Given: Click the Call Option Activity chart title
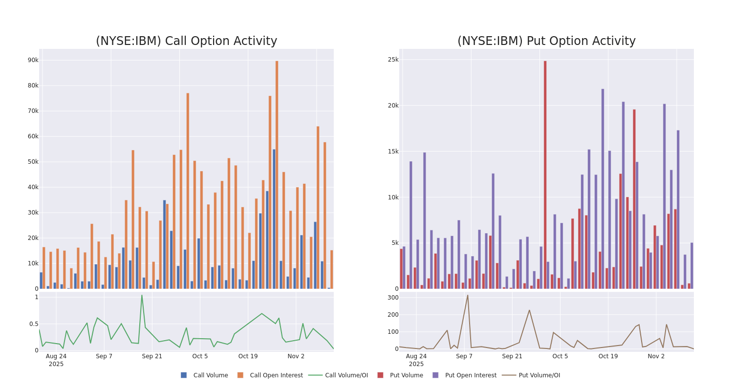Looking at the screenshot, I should pos(186,41).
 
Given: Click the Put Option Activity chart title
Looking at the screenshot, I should pos(546,41).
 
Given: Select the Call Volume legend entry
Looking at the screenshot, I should pos(205,375).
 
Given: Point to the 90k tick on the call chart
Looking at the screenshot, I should pos(33,60).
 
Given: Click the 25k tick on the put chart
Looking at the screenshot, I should pos(393,60).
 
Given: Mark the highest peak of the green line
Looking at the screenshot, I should pos(142,295).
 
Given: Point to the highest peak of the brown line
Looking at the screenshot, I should pos(467,295).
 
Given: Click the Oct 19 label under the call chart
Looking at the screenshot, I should pos(248,356).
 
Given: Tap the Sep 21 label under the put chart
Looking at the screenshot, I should pos(512,356).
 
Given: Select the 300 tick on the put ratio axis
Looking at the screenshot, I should pos(393,298).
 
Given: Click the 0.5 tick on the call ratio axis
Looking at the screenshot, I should pos(33,324).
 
